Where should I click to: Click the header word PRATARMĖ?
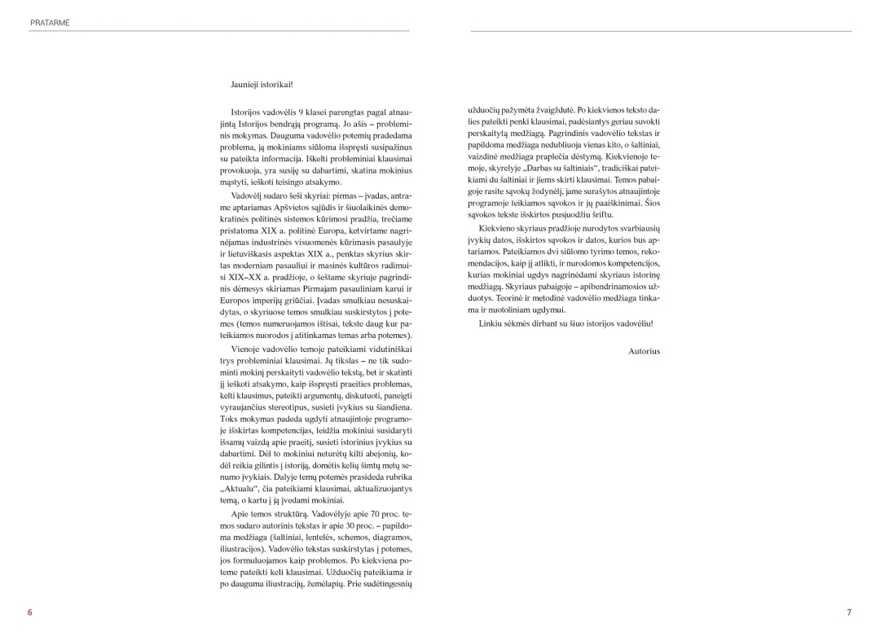49,23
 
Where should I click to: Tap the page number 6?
30,612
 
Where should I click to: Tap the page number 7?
848,612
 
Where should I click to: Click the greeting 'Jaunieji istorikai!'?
262,84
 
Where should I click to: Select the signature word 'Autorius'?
645,351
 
